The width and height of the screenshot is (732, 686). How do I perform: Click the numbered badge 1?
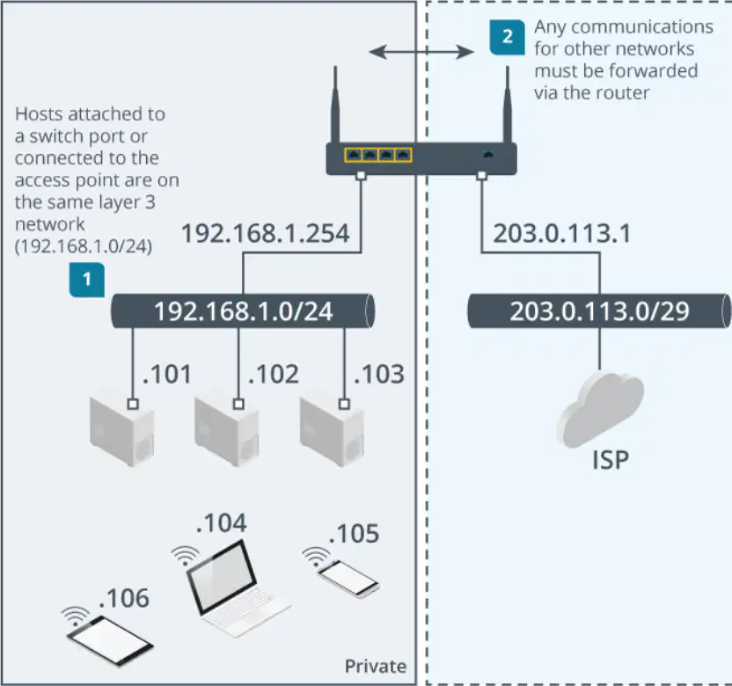pos(87,280)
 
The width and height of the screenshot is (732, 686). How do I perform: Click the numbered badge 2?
pos(508,37)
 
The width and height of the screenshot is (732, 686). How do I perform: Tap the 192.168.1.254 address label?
pos(265,233)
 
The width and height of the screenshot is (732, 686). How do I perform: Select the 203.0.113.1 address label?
pos(562,233)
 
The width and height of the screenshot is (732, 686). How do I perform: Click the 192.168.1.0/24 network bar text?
pos(244,311)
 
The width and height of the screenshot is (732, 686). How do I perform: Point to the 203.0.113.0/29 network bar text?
pos(599,311)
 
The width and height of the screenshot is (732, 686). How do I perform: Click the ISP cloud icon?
pos(600,409)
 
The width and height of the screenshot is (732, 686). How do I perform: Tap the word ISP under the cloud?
pos(611,460)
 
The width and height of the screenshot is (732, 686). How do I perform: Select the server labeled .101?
pos(121,432)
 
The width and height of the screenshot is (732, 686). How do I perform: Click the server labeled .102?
pos(227,432)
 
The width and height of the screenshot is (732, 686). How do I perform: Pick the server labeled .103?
pos(332,432)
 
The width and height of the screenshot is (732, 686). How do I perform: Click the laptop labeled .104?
pos(236,589)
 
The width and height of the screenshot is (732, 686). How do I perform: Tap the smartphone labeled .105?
pos(348,579)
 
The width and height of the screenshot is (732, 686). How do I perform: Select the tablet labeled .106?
pos(110,641)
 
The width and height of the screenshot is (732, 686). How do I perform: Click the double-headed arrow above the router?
pos(421,51)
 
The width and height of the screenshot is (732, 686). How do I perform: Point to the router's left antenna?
pos(334,104)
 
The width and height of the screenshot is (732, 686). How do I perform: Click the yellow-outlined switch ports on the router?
pos(378,155)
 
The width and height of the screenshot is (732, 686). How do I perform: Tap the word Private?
pos(376,667)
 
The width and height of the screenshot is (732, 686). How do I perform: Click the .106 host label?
pos(124,598)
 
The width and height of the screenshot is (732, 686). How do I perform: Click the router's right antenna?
pos(508,104)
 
